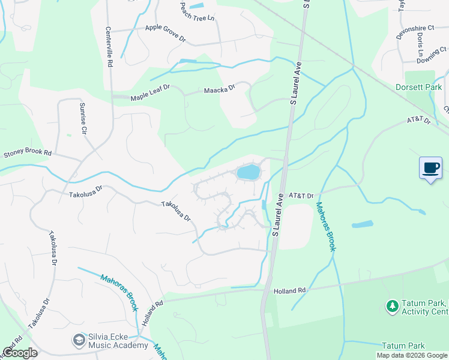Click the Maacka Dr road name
[x=219, y=89]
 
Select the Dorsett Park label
[x=418, y=87]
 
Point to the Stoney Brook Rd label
[x=28, y=154]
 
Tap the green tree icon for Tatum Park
[x=393, y=306]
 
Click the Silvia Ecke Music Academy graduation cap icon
[x=78, y=340]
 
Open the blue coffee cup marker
[x=430, y=168]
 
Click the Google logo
[x=20, y=353]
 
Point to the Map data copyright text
[x=412, y=355]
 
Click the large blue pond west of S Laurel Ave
[x=249, y=173]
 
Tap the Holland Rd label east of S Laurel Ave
[x=290, y=291]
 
